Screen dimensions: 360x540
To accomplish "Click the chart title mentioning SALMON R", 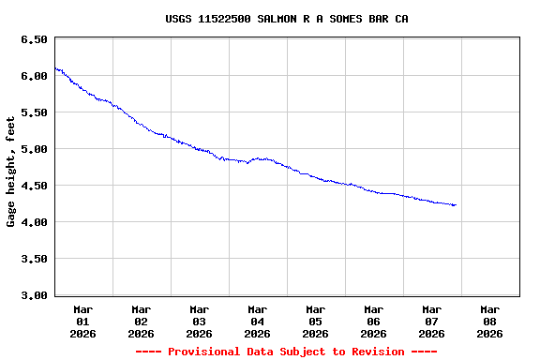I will pyautogui.click(x=287, y=19).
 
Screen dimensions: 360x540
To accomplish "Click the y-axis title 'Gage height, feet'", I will pyautogui.click(x=11, y=172).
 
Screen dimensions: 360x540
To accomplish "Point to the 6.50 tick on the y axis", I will pyautogui.click(x=34, y=40).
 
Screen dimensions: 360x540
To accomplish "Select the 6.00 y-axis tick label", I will pyautogui.click(x=34, y=77).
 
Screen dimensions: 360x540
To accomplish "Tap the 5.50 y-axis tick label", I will pyautogui.click(x=34, y=113).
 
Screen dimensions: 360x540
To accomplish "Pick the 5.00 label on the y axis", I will pyautogui.click(x=34, y=150).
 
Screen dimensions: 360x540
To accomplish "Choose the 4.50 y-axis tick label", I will pyautogui.click(x=34, y=187).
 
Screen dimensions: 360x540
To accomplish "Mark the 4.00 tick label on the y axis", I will pyautogui.click(x=34, y=223).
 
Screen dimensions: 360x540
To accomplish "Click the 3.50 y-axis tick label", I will pyautogui.click(x=34, y=260).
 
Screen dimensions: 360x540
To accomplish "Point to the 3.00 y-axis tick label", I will pyautogui.click(x=34, y=296).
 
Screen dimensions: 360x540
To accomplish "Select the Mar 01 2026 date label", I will pyautogui.click(x=83, y=321).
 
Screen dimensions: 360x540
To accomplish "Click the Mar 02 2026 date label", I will pyautogui.click(x=142, y=321).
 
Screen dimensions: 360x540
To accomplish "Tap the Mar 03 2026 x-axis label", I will pyautogui.click(x=200, y=321).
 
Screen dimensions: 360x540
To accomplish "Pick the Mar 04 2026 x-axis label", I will pyautogui.click(x=258, y=321).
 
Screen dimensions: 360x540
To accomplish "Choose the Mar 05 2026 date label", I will pyautogui.click(x=316, y=321).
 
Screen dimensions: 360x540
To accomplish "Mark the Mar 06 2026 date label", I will pyautogui.click(x=374, y=321).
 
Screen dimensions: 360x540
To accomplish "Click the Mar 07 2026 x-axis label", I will pyautogui.click(x=432, y=321).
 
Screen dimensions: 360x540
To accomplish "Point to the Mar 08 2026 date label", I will pyautogui.click(x=490, y=321).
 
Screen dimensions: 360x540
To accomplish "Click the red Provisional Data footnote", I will pyautogui.click(x=287, y=352).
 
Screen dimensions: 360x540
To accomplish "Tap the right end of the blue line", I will pyautogui.click(x=456, y=204).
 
